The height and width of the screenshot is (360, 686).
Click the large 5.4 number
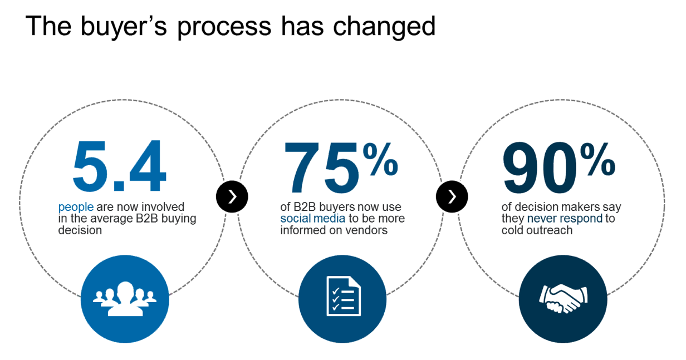pyautogui.click(x=119, y=166)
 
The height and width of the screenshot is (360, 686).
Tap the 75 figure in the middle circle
pyautogui.click(x=321, y=167)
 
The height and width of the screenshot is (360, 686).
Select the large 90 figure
pyautogui.click(x=540, y=167)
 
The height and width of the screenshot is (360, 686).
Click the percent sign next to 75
pyautogui.click(x=380, y=160)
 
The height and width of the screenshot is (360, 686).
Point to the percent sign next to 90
pyautogui.click(x=597, y=160)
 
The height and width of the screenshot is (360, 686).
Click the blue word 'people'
pyautogui.click(x=76, y=208)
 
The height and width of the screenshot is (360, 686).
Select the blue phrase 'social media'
pyautogui.click(x=313, y=219)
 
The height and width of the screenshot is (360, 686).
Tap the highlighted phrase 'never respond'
pyautogui.click(x=565, y=219)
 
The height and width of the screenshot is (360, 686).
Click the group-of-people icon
pyautogui.click(x=125, y=299)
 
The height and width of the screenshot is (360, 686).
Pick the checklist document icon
pyautogui.click(x=344, y=296)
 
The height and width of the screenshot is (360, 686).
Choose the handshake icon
pyautogui.click(x=563, y=299)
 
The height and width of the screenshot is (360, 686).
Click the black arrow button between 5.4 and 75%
pyautogui.click(x=232, y=196)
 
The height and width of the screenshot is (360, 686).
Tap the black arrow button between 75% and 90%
pyautogui.click(x=452, y=196)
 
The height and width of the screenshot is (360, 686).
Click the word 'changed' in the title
pyautogui.click(x=384, y=27)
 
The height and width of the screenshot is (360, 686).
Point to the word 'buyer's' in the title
pyautogui.click(x=124, y=27)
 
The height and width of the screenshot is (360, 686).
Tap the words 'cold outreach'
pyautogui.click(x=537, y=230)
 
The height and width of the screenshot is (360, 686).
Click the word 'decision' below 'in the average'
pyautogui.click(x=80, y=230)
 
